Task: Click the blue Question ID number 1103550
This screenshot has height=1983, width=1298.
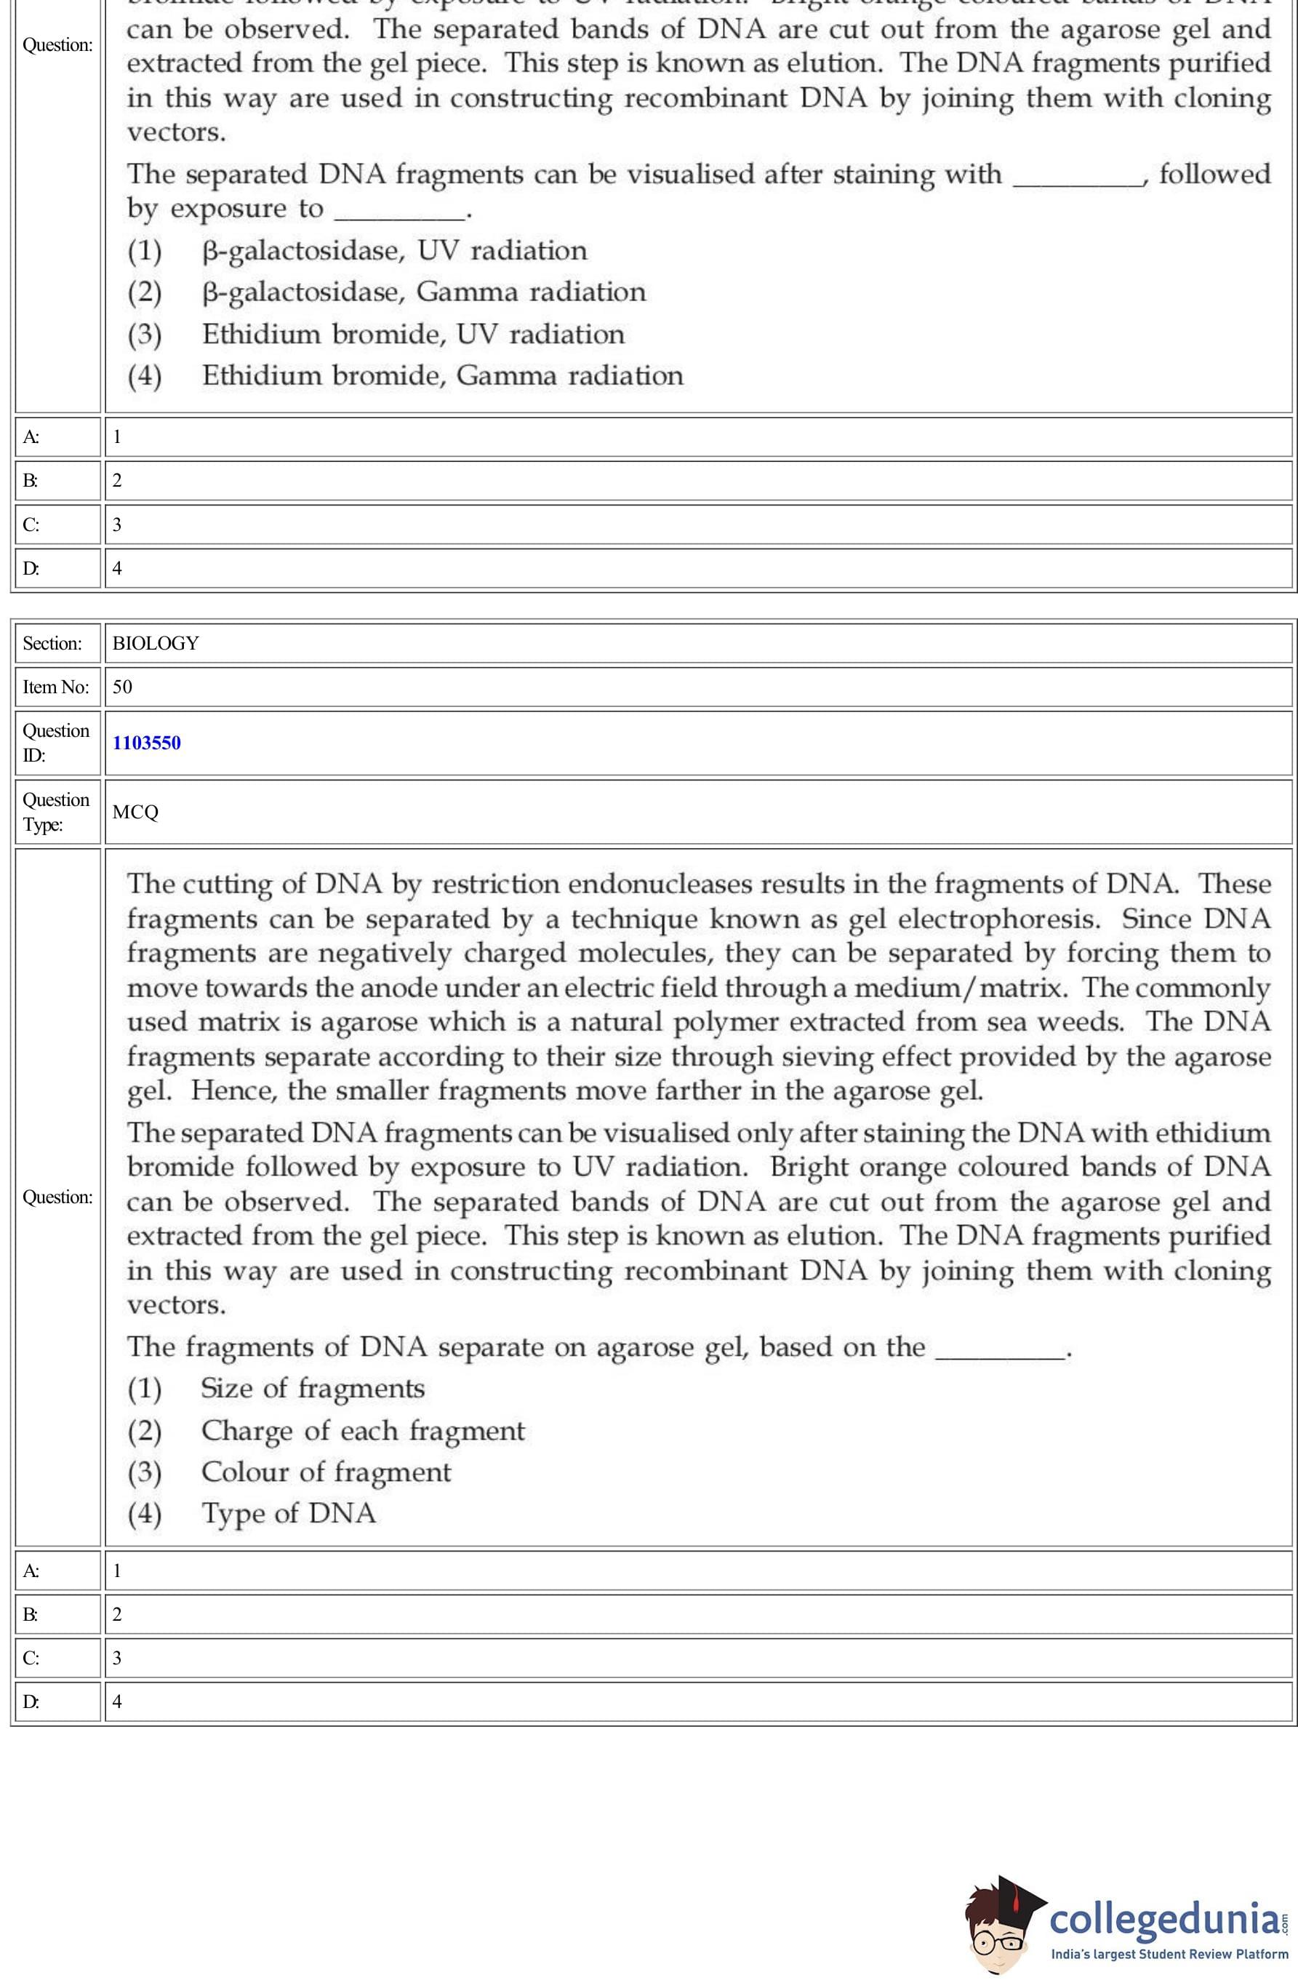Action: click(147, 743)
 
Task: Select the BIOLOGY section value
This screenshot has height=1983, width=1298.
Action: click(156, 643)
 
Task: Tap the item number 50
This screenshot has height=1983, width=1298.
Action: click(122, 687)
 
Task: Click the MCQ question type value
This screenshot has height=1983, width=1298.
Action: click(135, 813)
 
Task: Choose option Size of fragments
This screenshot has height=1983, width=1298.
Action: click(313, 1388)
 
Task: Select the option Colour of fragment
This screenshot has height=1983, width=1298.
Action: click(326, 1472)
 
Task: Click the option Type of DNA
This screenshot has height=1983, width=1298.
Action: click(288, 1513)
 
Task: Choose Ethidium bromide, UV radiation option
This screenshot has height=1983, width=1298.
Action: click(412, 334)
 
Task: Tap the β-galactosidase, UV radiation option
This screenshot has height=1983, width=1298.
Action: click(394, 251)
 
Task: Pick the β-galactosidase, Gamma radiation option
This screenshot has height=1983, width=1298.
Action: click(423, 292)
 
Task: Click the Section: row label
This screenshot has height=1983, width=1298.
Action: click(52, 643)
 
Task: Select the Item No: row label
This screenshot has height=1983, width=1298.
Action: click(55, 687)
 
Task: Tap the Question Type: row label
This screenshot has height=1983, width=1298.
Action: click(55, 813)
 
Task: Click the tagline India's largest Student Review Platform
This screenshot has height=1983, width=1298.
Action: click(1169, 1954)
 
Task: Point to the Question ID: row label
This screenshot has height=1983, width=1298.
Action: click(55, 743)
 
